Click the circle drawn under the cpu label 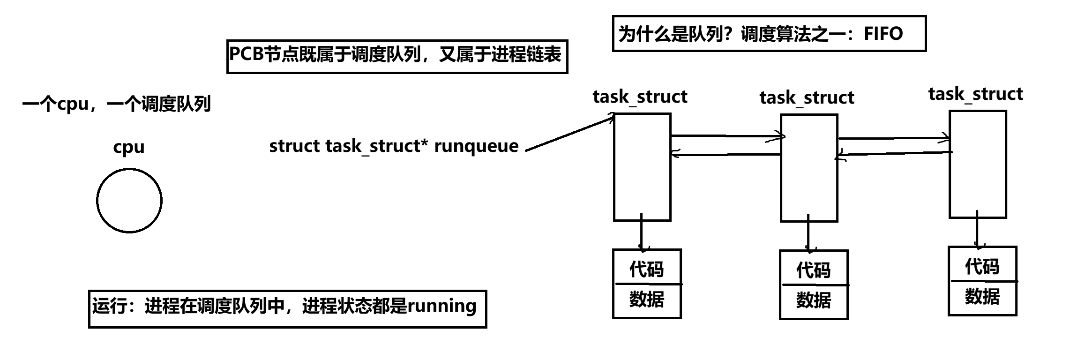pos(129,201)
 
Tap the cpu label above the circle pos(129,147)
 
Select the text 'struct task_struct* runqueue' pos(394,146)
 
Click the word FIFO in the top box pos(883,34)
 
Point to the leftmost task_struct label pos(640,97)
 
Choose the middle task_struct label pos(807,97)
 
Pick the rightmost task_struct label pos(975,94)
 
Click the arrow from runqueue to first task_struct pos(569,133)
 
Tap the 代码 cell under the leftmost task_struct pos(646,268)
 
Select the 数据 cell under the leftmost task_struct pos(646,300)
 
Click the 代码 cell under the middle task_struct pos(813,270)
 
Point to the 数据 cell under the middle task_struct pos(813,300)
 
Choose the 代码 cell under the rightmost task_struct pos(982,266)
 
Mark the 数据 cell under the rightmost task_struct pos(982,297)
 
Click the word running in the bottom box pos(442,306)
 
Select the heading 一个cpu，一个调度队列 pos(116,104)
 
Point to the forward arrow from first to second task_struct pos(726,137)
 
